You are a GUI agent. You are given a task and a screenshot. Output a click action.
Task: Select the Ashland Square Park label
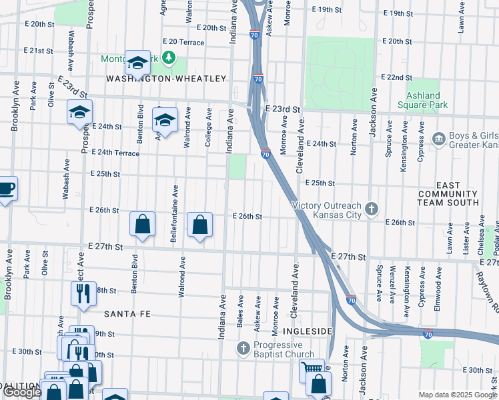coord(422,100)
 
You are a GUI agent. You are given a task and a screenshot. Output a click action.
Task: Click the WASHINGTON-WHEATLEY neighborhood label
coord(167,79)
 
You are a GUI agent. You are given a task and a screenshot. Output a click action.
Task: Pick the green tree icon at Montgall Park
coord(169,58)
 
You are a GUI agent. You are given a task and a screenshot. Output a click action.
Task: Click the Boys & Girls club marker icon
coord(439,139)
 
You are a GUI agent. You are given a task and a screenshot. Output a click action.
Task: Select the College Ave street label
coord(209,129)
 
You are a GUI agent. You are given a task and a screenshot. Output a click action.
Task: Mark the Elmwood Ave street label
coord(438,285)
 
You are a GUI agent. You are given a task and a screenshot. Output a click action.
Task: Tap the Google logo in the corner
coord(22,392)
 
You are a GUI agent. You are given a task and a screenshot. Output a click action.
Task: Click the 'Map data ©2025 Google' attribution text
coord(457,395)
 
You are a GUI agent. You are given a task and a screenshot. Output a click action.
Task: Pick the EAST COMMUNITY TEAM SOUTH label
coord(448,193)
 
